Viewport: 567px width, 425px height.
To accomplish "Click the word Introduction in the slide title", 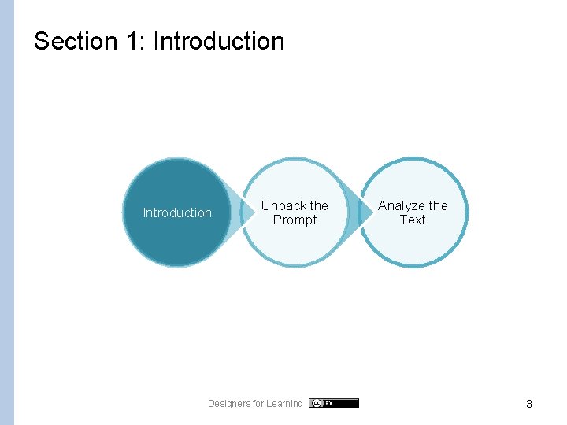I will pyautogui.click(x=218, y=41).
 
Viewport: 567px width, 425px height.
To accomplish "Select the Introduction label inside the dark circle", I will pyautogui.click(x=177, y=213).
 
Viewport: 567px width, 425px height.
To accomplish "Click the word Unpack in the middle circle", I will pyautogui.click(x=283, y=205).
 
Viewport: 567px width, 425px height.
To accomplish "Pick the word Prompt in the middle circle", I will pyautogui.click(x=295, y=220).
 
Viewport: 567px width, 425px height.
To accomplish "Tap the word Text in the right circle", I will pyautogui.click(x=413, y=220).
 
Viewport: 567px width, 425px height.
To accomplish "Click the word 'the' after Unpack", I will pyautogui.click(x=319, y=205).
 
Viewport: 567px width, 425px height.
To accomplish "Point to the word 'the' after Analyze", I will pyautogui.click(x=439, y=205).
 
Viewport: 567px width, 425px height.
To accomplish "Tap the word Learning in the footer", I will pyautogui.click(x=284, y=404).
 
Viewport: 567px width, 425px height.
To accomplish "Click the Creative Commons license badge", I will pyautogui.click(x=334, y=403).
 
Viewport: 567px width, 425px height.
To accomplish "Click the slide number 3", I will pyautogui.click(x=529, y=404).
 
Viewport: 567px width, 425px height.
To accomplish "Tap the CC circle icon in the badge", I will pyautogui.click(x=316, y=403).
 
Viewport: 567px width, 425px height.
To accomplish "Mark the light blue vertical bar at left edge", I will pyautogui.click(x=7, y=213).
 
